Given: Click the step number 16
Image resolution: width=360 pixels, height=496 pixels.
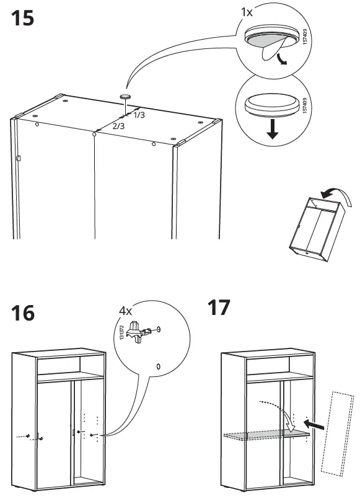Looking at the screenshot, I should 22,314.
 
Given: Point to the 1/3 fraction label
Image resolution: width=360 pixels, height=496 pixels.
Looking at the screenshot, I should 139,115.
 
